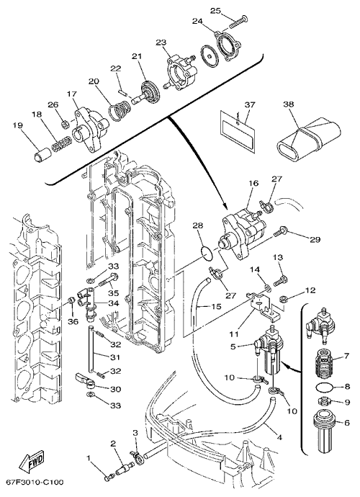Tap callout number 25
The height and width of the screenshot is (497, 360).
(215, 11)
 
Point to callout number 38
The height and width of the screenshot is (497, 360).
(289, 104)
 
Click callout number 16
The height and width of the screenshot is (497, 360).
(254, 183)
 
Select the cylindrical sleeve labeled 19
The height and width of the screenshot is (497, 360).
(42, 153)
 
